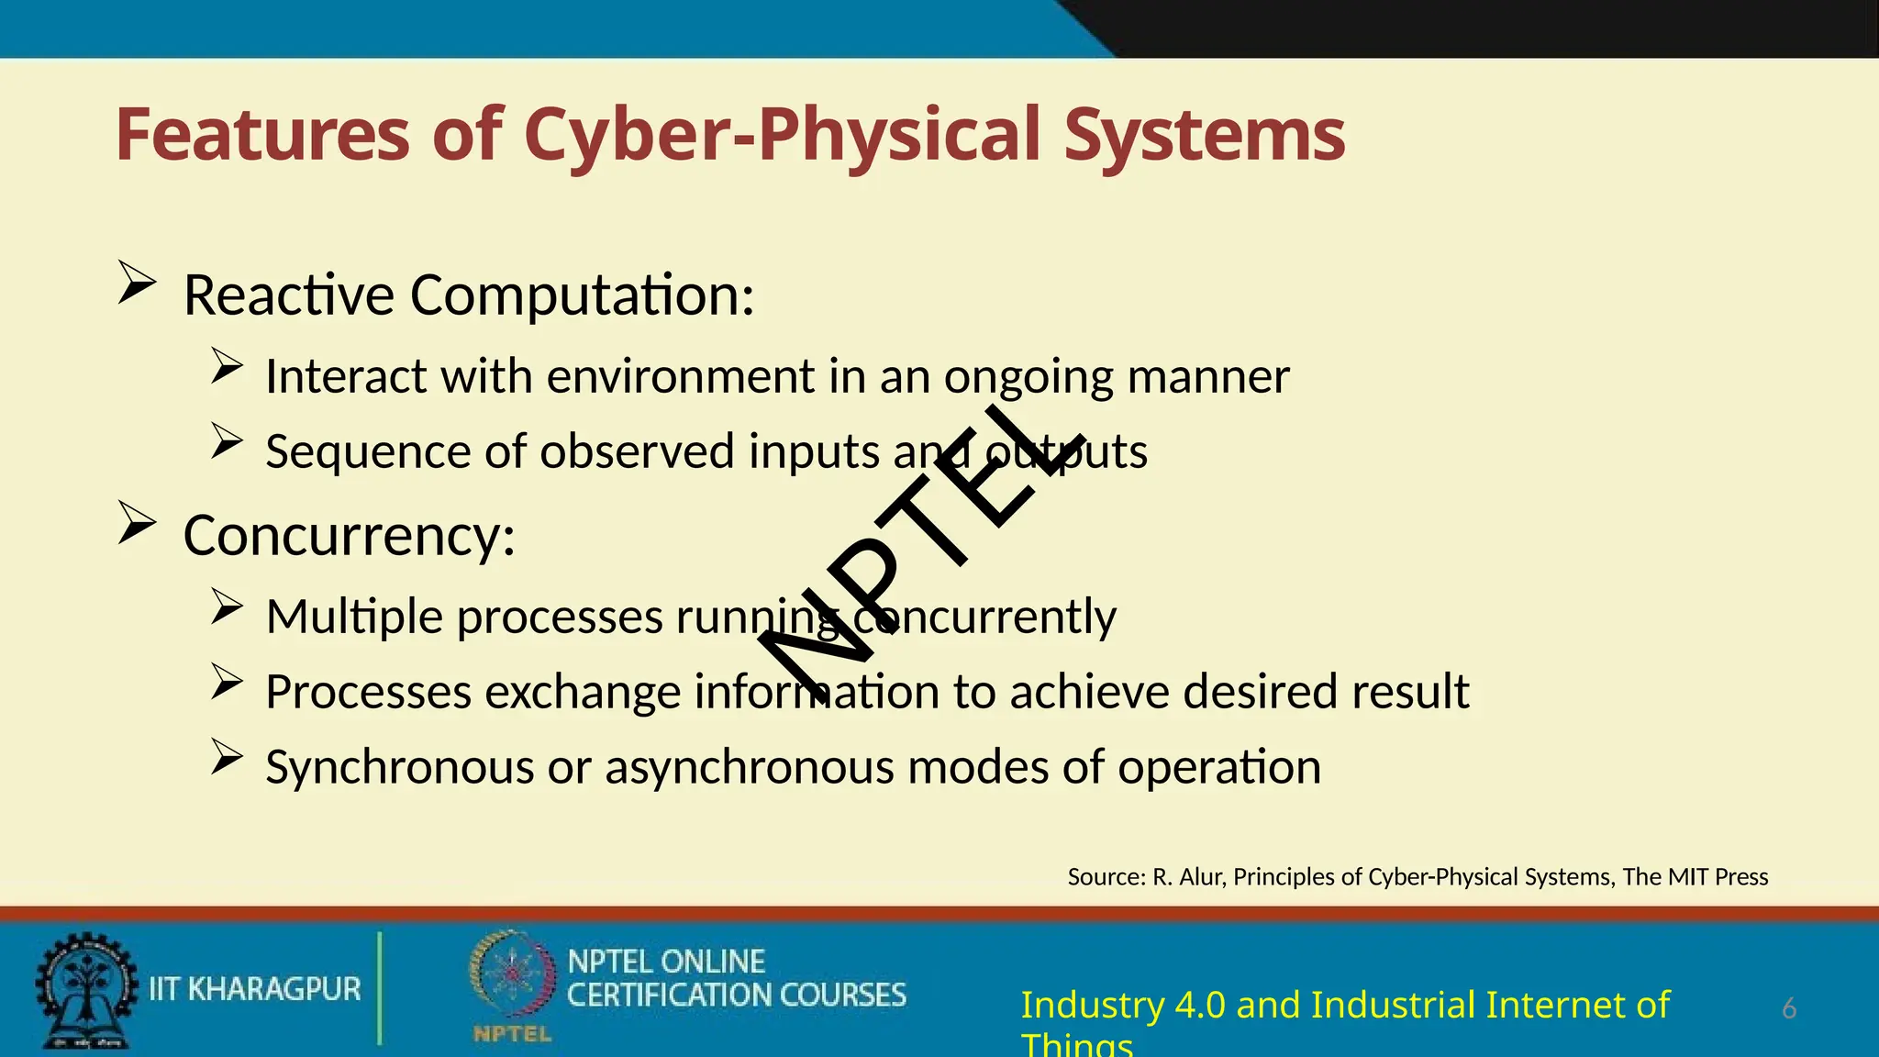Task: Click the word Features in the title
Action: [x=262, y=135]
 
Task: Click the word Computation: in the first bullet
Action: [x=582, y=295]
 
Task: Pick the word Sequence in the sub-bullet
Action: [x=366, y=451]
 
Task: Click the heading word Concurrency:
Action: [x=349, y=536]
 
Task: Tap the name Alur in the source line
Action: [x=1200, y=877]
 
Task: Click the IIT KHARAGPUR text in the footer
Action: [x=255, y=989]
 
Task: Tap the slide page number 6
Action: [x=1788, y=1008]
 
